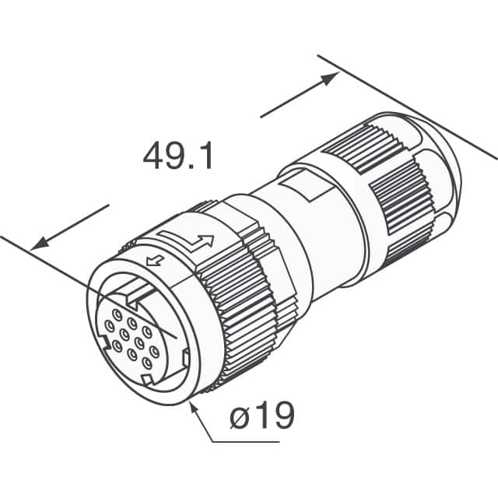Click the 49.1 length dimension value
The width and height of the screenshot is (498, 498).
point(177,156)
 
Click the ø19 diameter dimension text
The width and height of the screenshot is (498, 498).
point(262,416)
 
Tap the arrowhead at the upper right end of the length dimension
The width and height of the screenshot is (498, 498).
point(330,77)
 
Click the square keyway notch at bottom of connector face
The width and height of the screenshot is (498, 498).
point(147,379)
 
